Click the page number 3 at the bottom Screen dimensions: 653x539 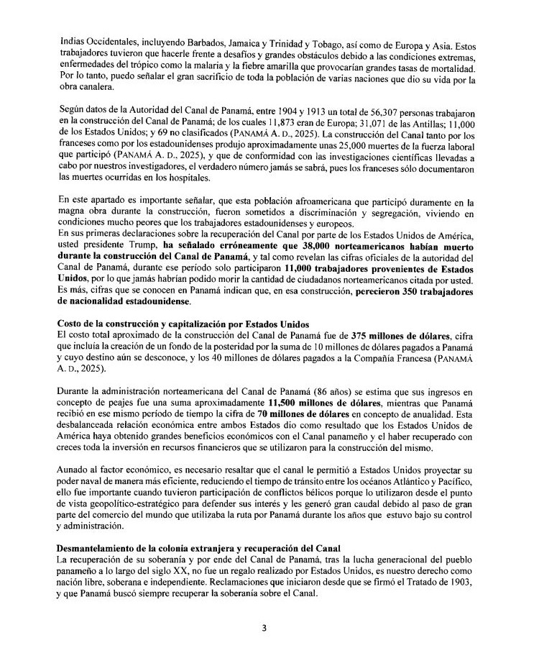click(x=264, y=627)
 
